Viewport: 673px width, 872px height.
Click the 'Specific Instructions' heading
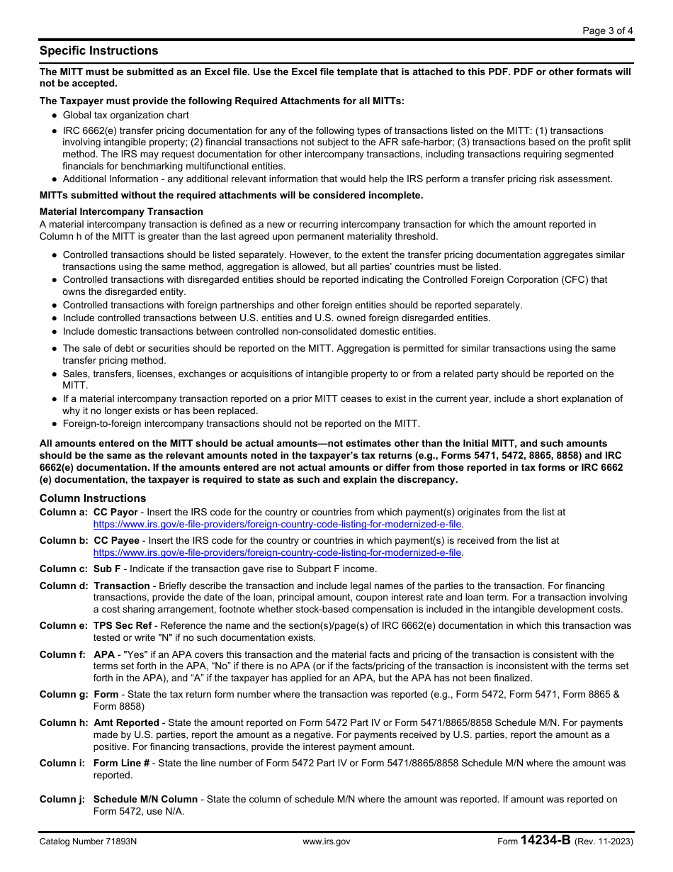(98, 51)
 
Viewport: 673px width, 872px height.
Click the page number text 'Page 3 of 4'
(608, 30)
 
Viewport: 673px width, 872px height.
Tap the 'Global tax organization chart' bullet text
(125, 115)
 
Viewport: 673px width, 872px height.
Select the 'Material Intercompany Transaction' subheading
(121, 211)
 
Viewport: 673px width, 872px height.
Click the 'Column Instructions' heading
(93, 498)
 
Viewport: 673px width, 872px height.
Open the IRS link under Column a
(278, 524)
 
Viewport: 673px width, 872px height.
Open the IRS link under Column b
(278, 552)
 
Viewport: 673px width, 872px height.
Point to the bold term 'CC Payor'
(115, 512)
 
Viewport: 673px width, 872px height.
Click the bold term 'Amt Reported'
(127, 723)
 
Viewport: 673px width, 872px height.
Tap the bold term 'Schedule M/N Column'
(145, 799)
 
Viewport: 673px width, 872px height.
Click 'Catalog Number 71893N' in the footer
(88, 842)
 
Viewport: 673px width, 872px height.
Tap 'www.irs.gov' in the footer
(326, 842)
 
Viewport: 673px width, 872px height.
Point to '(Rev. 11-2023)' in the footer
(604, 842)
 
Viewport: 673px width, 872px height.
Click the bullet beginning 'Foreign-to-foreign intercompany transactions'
(241, 424)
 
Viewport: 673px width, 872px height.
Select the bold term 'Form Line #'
(121, 764)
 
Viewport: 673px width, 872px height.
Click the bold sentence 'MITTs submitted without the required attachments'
(231, 195)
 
